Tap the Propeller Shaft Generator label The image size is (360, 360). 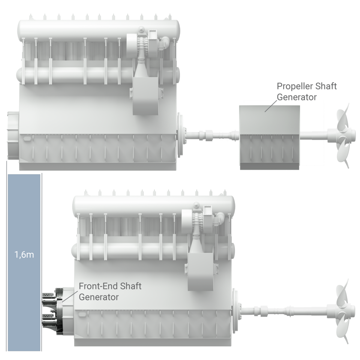(x=307, y=91)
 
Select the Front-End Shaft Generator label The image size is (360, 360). (x=110, y=291)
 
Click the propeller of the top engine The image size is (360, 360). (x=342, y=135)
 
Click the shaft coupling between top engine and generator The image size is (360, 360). (x=208, y=134)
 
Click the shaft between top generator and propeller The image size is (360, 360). (x=313, y=134)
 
